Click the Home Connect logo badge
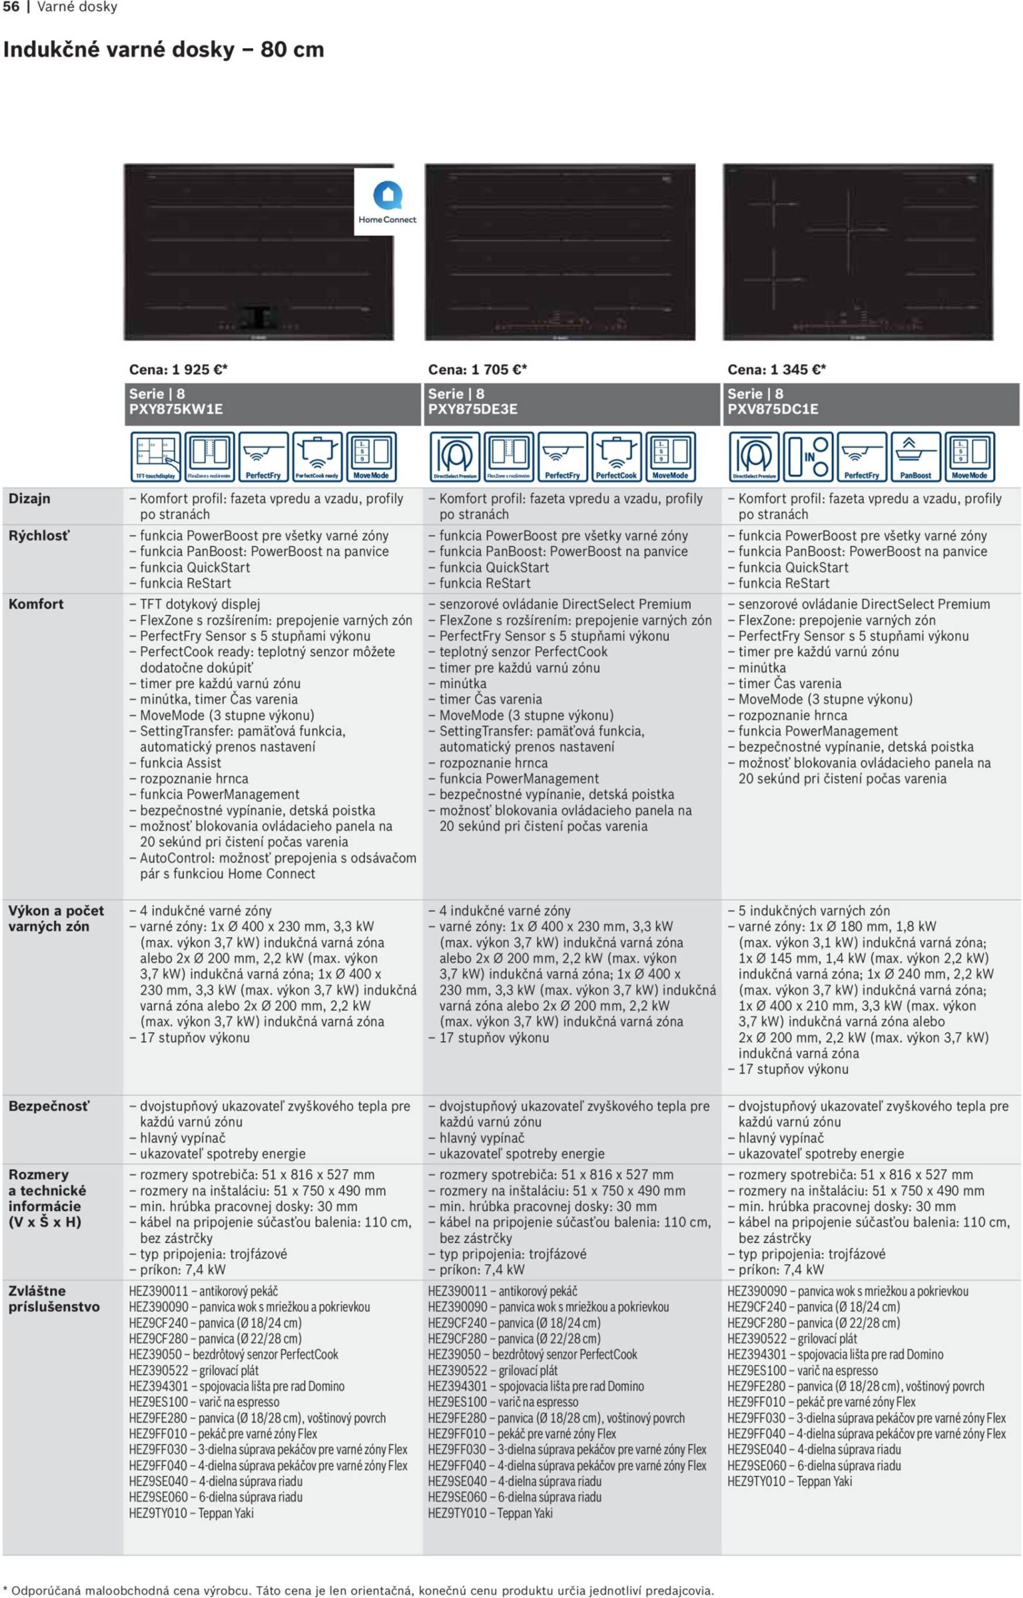pos(387,201)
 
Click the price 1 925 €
pos(178,370)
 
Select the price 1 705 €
pos(477,370)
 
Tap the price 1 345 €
pos(776,370)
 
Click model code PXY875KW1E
pos(175,409)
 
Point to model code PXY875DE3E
pos(472,409)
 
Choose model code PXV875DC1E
pos(773,409)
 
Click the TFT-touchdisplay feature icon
pos(155,456)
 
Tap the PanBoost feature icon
pos(916,456)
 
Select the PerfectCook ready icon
pos(318,456)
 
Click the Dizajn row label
pos(29,498)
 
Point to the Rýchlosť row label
pos(39,536)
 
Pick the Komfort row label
pos(36,604)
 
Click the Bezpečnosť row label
pos(49,1106)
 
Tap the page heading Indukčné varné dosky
pos(164,50)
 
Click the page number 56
pos(11,7)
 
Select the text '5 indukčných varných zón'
pos(814,911)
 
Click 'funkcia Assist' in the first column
pos(180,762)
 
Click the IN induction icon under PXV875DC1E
pos(808,456)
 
